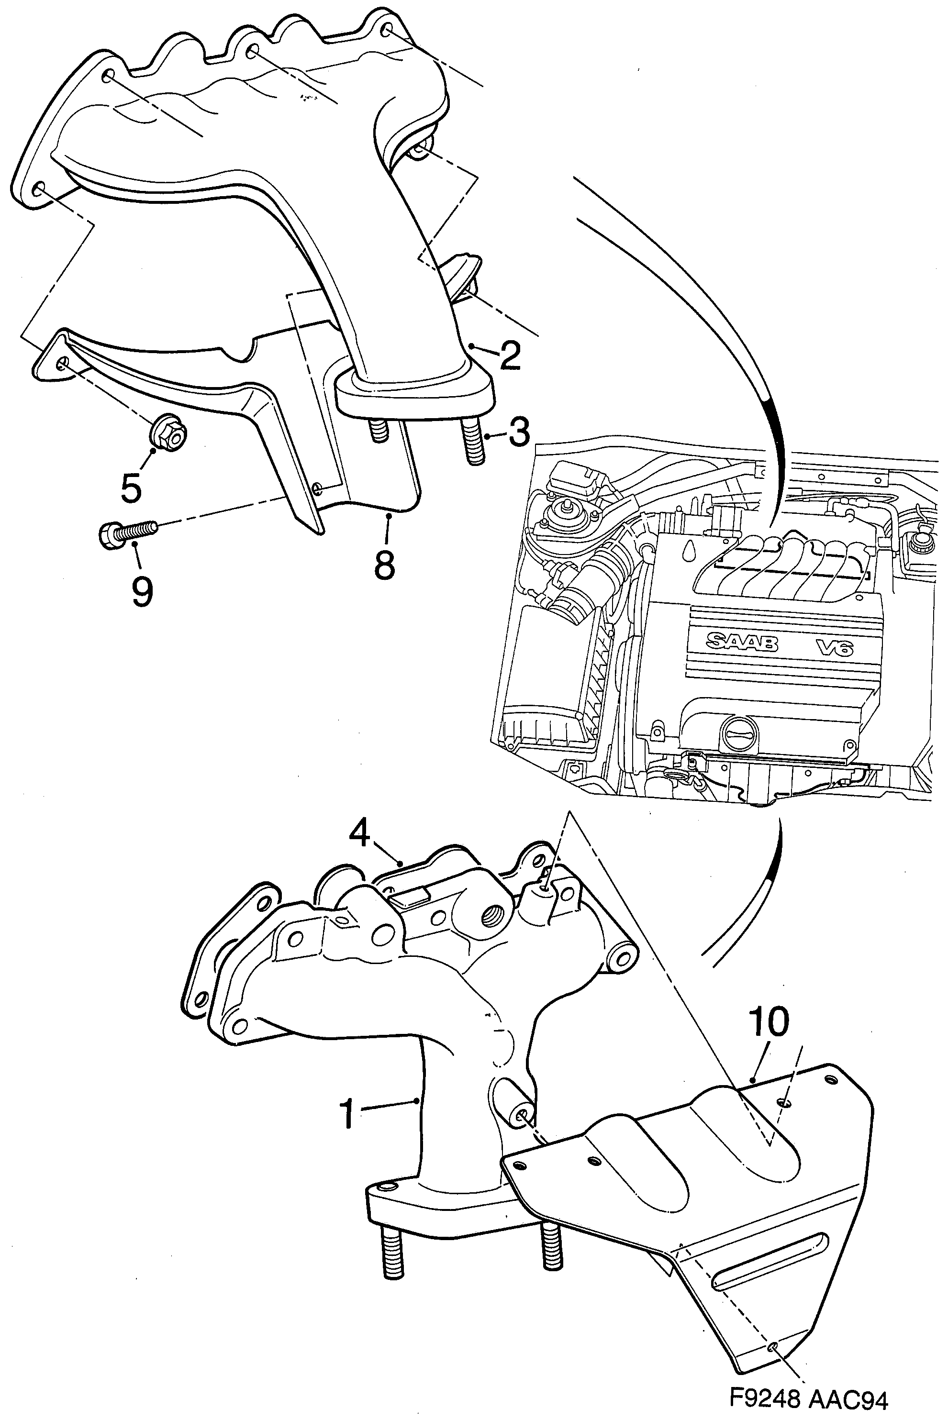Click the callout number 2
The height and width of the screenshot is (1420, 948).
click(510, 356)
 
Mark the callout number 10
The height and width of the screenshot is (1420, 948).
click(769, 1021)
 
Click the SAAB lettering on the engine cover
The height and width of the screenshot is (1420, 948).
click(742, 643)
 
